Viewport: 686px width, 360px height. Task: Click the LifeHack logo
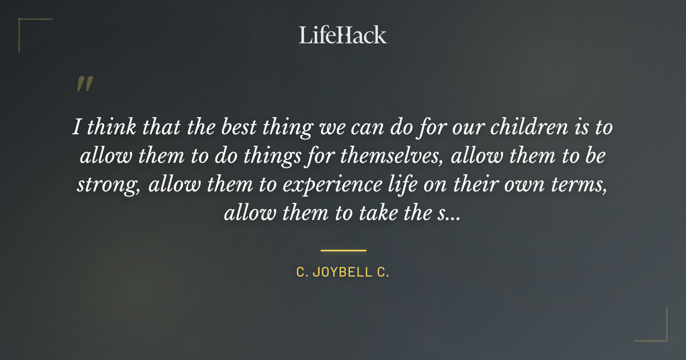point(342,35)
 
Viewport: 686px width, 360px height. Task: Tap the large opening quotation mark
point(84,84)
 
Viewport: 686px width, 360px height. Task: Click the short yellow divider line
point(343,250)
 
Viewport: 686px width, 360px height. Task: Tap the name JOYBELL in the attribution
point(343,273)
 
